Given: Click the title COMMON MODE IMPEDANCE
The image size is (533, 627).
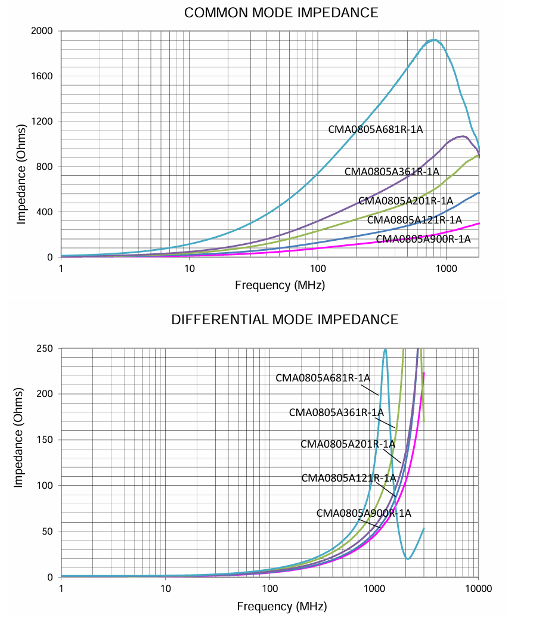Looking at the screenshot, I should (281, 13).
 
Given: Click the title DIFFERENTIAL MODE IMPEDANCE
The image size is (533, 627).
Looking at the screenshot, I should (284, 320).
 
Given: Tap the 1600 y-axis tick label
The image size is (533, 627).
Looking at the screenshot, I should (42, 76).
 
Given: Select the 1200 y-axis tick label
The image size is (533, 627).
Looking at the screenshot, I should (42, 122).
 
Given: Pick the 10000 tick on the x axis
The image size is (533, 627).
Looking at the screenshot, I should (478, 589).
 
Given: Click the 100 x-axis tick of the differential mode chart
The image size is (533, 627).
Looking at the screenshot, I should (270, 589).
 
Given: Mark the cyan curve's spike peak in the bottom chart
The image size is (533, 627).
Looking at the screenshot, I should (385, 349).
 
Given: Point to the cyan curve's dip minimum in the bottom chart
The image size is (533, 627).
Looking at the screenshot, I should (408, 558).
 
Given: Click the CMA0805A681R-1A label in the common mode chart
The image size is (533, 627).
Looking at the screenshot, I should (375, 129).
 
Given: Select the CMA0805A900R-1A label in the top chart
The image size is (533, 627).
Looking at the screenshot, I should (423, 239).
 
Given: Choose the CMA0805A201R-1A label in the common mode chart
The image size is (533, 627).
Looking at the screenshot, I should (405, 201).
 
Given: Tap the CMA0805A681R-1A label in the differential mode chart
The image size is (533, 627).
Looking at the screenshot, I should (323, 378).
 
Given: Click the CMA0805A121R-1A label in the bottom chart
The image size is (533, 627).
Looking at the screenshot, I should (348, 478).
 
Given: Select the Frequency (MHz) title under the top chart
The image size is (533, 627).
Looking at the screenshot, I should (280, 285).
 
